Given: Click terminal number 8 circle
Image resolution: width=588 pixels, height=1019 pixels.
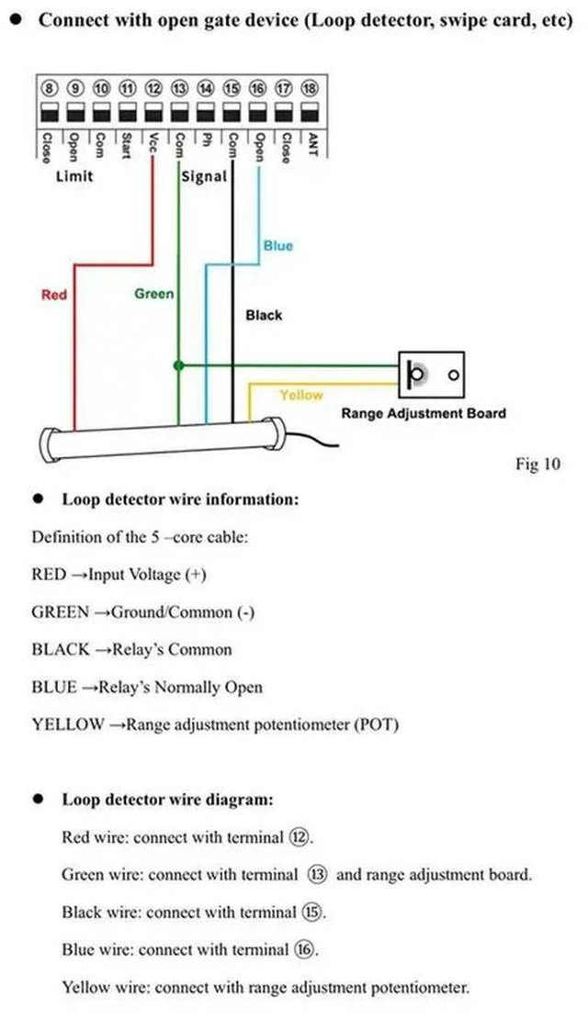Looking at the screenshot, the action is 50,88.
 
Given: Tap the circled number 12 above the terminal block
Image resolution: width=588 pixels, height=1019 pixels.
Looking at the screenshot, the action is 153,88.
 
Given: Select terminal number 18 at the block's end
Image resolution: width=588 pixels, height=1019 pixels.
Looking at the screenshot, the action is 310,88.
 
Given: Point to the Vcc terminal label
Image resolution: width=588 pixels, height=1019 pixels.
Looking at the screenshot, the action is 153,143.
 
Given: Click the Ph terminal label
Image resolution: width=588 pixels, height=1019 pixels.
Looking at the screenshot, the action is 206,140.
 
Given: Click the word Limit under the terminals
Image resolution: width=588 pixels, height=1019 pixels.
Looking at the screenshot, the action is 74,176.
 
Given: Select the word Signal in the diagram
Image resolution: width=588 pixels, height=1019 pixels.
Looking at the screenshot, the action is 204,176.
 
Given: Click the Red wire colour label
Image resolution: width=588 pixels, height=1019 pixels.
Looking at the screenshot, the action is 54,295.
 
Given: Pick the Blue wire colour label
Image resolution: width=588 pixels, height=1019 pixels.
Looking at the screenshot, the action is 278,246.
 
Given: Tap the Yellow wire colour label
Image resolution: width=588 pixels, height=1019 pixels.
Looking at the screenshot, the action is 301,395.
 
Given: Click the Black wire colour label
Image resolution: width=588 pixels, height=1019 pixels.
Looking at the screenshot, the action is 264,315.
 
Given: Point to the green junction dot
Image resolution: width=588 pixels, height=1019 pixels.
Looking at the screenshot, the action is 179,366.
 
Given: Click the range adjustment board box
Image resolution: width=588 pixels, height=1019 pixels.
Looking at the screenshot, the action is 431,375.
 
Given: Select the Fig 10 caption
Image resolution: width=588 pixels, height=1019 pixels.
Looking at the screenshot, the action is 537,464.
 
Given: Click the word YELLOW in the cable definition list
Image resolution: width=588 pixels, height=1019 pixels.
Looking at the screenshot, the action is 68,724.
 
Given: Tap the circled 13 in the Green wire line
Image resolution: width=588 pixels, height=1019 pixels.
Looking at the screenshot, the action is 317,875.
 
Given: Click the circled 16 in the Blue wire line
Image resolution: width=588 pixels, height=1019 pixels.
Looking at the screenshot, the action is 304,949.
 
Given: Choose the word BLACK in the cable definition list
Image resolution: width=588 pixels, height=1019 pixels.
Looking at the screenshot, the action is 61,649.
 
